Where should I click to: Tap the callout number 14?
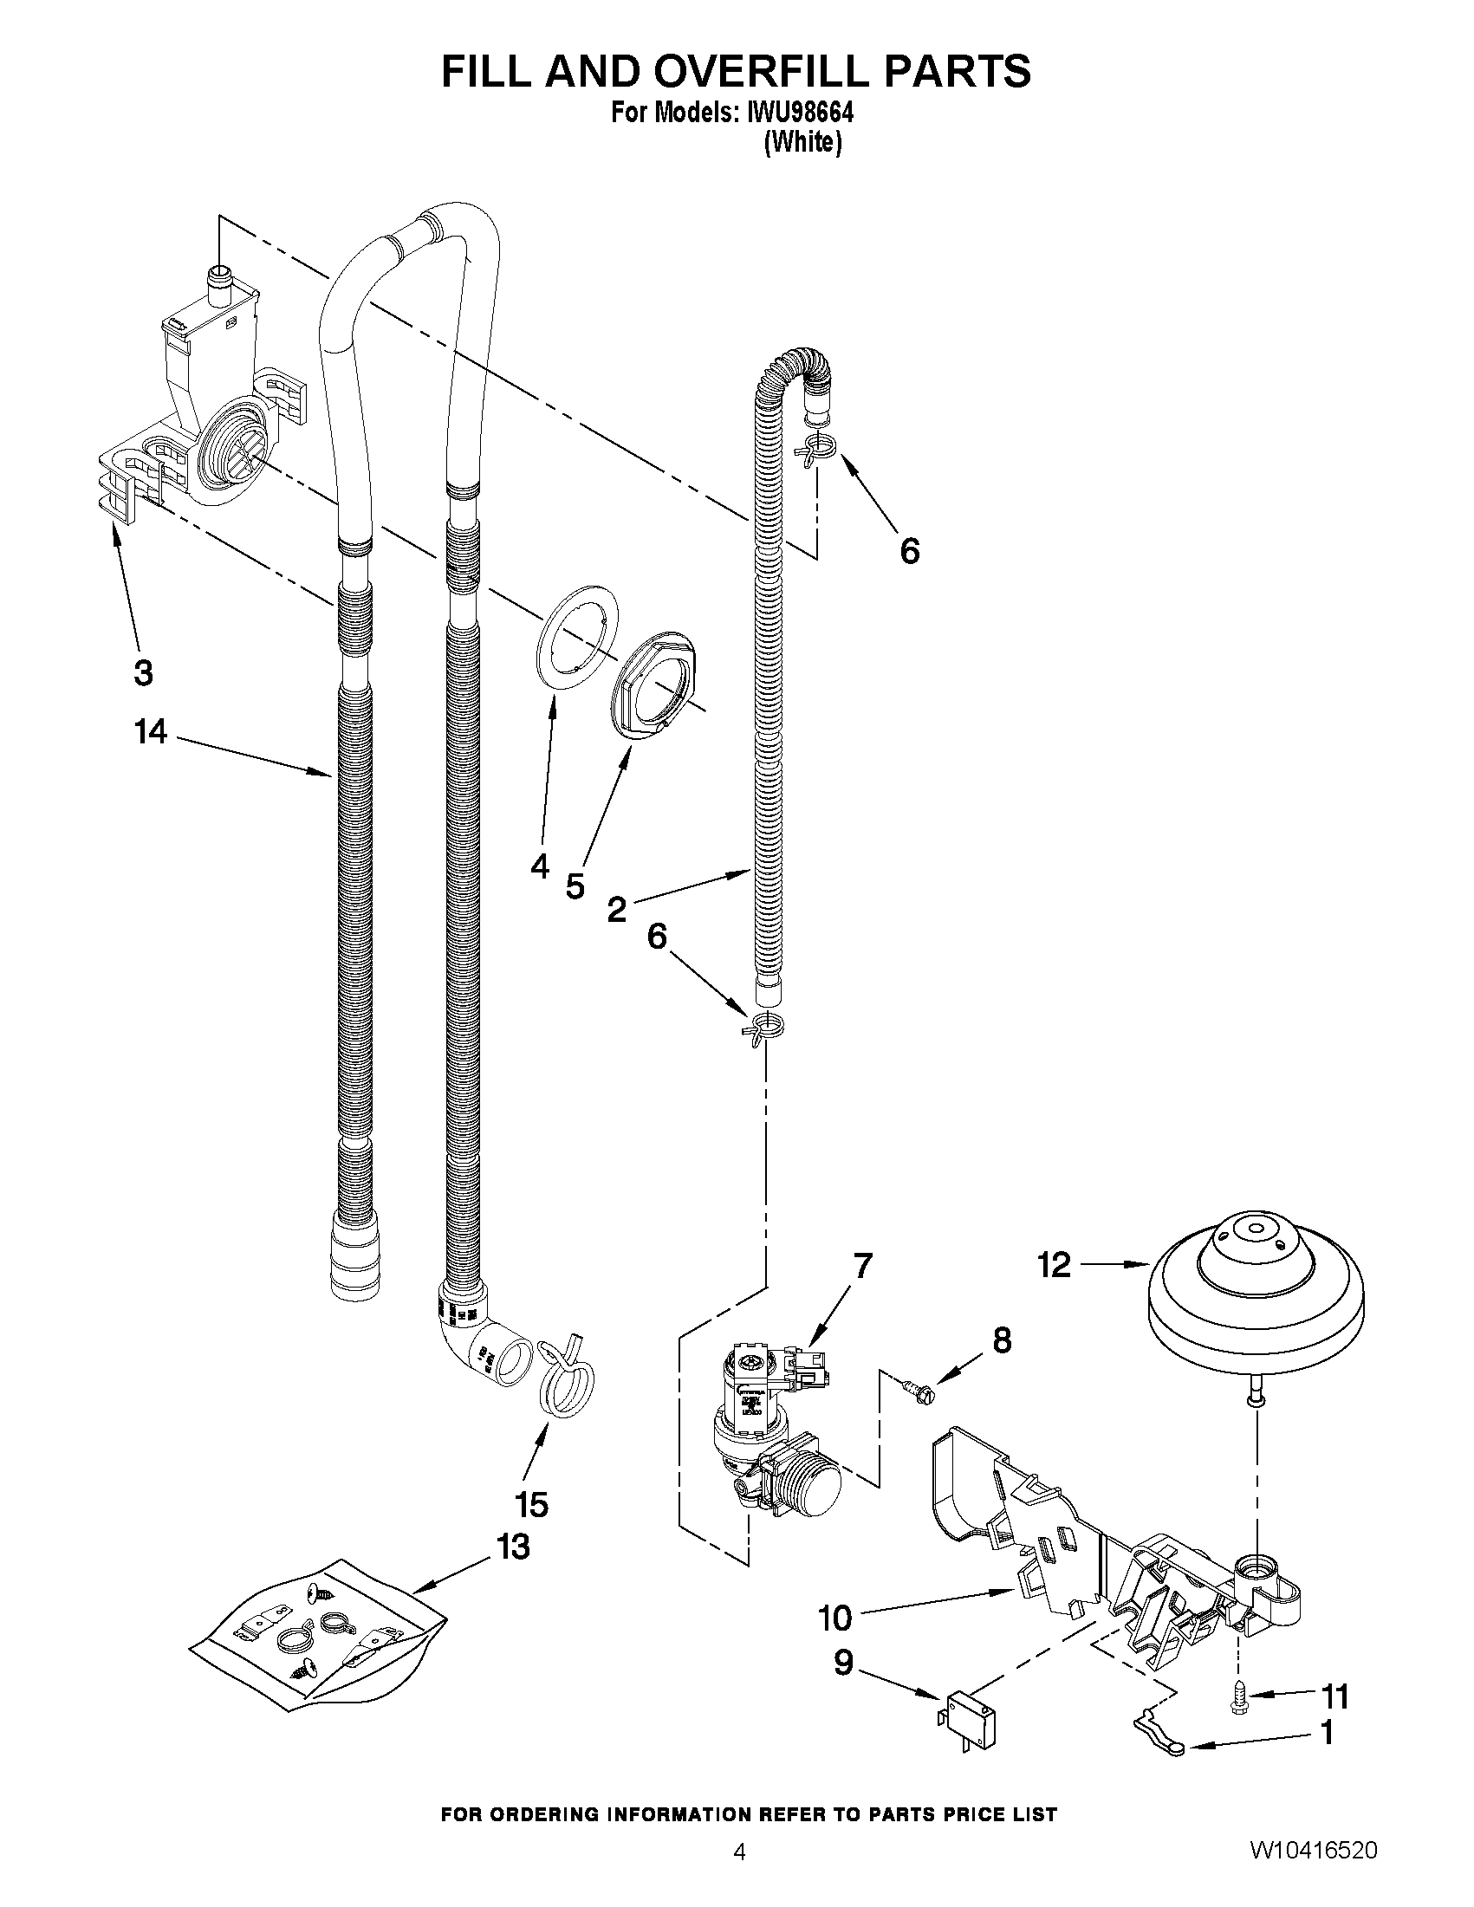pyautogui.click(x=150, y=732)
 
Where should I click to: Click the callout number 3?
pyautogui.click(x=144, y=672)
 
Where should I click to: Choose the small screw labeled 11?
pyautogui.click(x=1238, y=1696)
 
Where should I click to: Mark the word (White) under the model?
pyautogui.click(x=802, y=142)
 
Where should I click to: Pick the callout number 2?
pyautogui.click(x=616, y=910)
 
